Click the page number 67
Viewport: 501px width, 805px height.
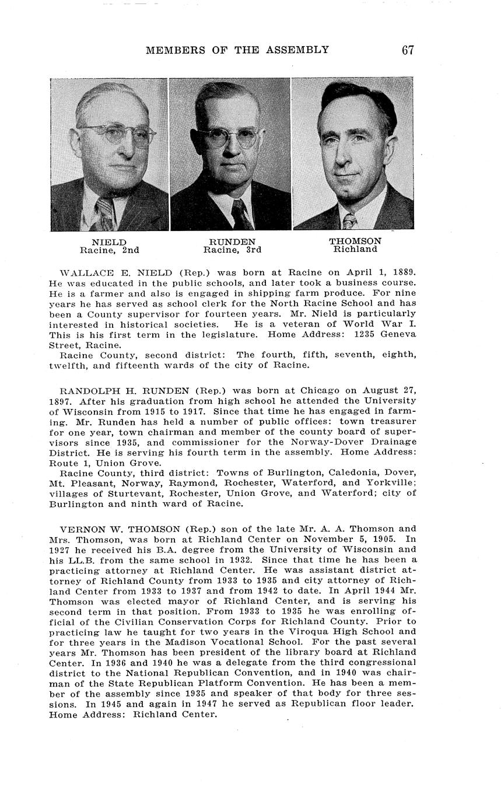pos(408,50)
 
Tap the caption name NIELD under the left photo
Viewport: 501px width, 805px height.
pos(109,242)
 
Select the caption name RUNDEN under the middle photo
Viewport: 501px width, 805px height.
pos(232,242)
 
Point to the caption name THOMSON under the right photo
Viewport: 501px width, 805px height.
pos(355,241)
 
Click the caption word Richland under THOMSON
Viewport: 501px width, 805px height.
pos(355,249)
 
